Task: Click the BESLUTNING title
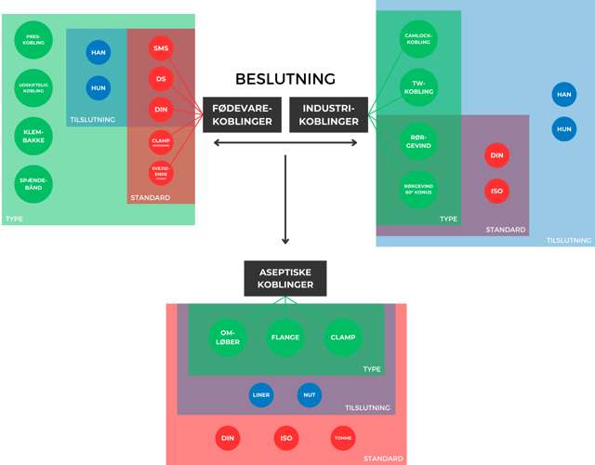pos(285,79)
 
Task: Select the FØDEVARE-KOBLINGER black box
pos(242,114)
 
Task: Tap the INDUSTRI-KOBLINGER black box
pos(329,114)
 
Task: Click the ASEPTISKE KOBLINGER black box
pos(285,278)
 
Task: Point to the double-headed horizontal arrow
pos(285,142)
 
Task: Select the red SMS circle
pos(162,48)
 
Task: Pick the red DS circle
pos(162,79)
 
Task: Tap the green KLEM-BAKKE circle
pos(34,138)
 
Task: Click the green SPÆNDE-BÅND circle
pos(34,183)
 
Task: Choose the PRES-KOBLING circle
pos(34,40)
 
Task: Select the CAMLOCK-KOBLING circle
pos(417,40)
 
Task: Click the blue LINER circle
pos(261,394)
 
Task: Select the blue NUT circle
pos(309,394)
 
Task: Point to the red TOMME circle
pos(343,438)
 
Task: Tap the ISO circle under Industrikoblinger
pos(497,192)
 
